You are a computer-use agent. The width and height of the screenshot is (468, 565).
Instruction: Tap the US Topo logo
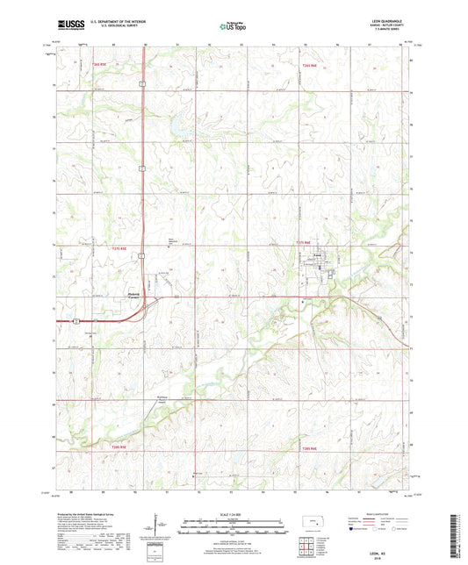pyautogui.click(x=233, y=27)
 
